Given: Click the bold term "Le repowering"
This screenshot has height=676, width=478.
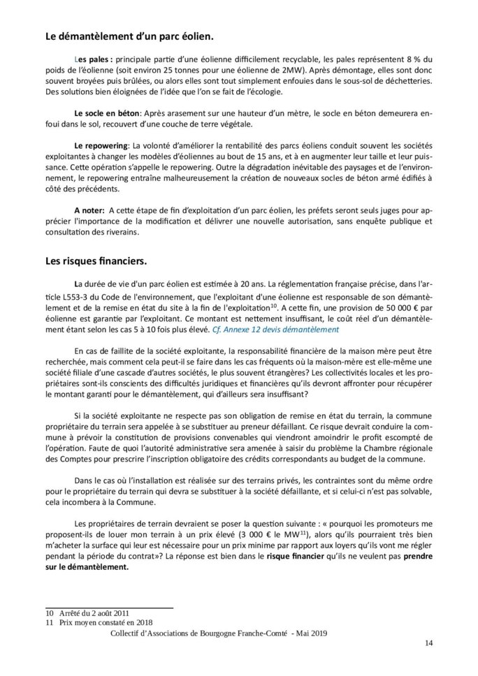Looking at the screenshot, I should [x=101, y=144].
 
